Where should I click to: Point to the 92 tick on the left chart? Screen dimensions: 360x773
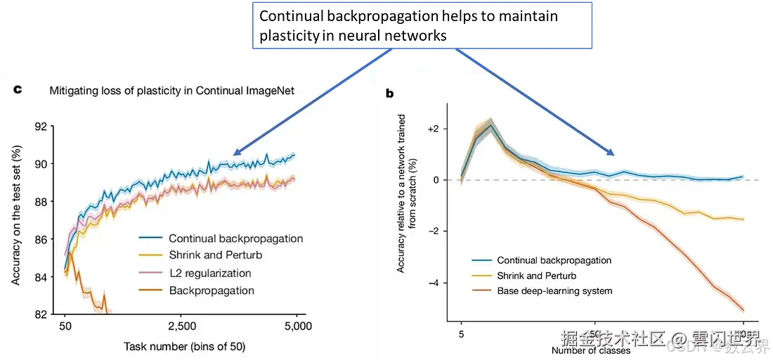click(x=40, y=127)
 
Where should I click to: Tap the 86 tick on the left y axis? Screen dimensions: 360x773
click(x=40, y=239)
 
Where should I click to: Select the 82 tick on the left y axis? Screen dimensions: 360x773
click(x=40, y=314)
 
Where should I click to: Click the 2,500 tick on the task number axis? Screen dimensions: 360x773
click(x=182, y=327)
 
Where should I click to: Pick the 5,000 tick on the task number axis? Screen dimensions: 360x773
click(x=298, y=327)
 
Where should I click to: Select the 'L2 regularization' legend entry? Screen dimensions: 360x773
click(x=211, y=273)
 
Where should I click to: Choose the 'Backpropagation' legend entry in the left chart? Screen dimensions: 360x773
click(x=212, y=290)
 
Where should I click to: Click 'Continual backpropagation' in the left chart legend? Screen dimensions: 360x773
click(x=236, y=238)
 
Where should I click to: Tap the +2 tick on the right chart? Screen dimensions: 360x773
click(x=435, y=129)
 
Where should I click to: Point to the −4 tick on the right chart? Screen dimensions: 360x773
click(x=436, y=283)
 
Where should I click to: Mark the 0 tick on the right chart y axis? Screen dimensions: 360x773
click(x=436, y=180)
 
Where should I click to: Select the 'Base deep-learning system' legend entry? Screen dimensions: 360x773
click(x=554, y=291)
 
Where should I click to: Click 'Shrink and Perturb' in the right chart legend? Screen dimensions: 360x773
click(x=538, y=276)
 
